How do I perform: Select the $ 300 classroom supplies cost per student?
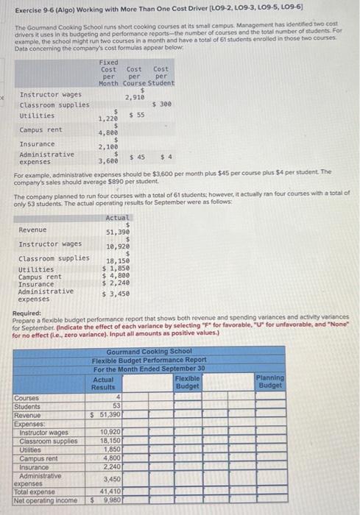(x=160, y=104)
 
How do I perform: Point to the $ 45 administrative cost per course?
(x=136, y=156)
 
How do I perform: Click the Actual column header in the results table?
(x=117, y=197)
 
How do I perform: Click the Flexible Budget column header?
(x=188, y=382)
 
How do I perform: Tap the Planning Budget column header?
(x=270, y=382)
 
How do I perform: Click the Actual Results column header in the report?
(x=103, y=383)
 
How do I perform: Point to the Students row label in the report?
(x=27, y=406)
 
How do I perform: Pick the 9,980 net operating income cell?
(x=110, y=500)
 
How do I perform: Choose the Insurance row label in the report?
(x=33, y=466)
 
